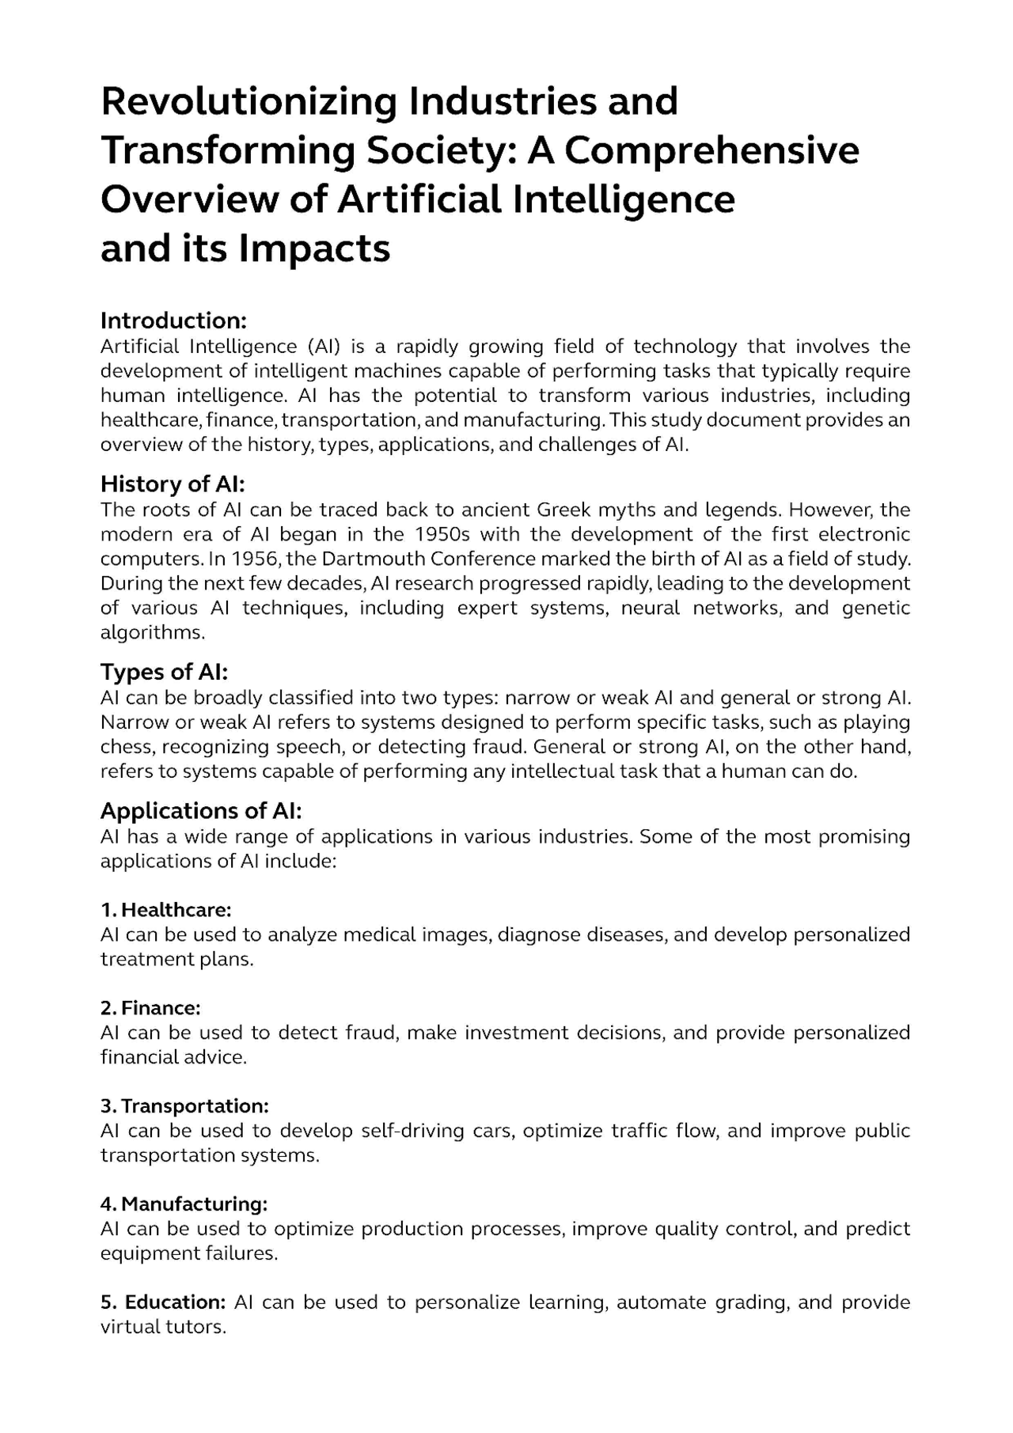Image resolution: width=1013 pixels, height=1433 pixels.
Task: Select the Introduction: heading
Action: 173,320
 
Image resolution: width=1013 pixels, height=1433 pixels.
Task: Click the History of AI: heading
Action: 173,483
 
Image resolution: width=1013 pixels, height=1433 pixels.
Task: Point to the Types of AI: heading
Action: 164,672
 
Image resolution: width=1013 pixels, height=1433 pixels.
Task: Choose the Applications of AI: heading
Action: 201,811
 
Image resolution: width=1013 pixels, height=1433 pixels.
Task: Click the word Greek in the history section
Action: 565,510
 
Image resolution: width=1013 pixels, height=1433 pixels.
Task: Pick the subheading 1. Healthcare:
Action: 165,909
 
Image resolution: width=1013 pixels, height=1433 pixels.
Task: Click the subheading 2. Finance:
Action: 150,1007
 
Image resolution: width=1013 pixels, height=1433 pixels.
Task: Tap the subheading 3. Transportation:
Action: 184,1105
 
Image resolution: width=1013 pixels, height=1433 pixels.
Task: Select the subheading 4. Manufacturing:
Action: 184,1204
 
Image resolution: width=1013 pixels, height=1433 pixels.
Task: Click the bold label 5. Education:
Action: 163,1302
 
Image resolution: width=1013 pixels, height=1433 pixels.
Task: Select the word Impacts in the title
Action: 314,249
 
